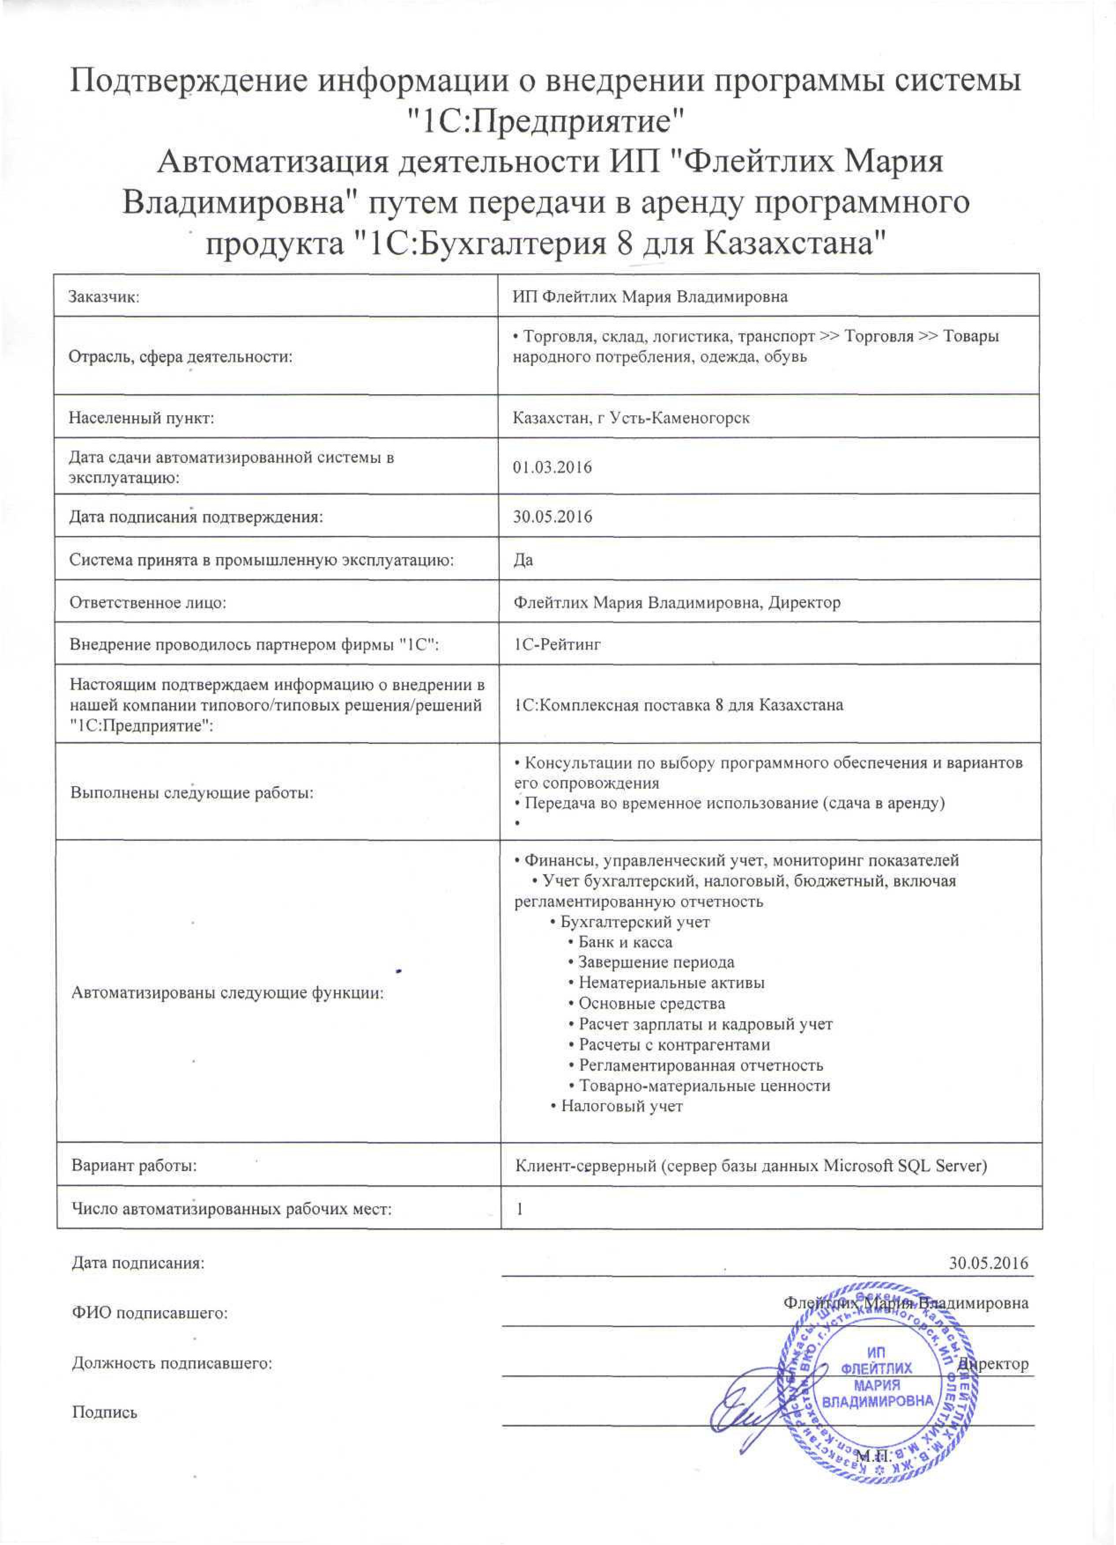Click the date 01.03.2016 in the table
552,467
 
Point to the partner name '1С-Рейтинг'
556,644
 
